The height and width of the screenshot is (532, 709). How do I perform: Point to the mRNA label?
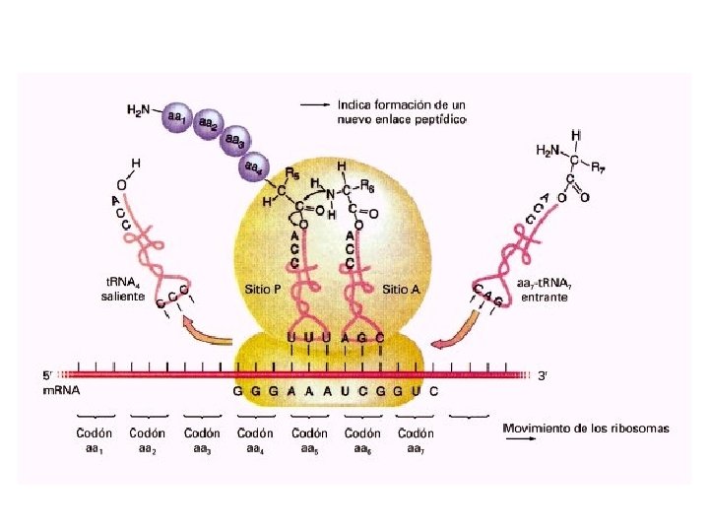pyautogui.click(x=61, y=390)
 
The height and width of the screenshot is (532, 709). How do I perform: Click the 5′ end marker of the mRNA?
pyautogui.click(x=45, y=375)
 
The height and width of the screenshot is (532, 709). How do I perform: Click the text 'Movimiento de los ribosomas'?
pyautogui.click(x=585, y=429)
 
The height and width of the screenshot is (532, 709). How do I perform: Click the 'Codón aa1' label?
pyautogui.click(x=95, y=439)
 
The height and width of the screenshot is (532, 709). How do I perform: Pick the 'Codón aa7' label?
pyautogui.click(x=416, y=439)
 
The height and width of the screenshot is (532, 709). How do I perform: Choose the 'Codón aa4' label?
pyautogui.click(x=255, y=439)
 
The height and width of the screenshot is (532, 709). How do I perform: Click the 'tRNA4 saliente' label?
pyautogui.click(x=124, y=289)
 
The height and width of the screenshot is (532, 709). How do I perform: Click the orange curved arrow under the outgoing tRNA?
pyautogui.click(x=205, y=331)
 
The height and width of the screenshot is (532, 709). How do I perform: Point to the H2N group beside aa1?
pyautogui.click(x=138, y=111)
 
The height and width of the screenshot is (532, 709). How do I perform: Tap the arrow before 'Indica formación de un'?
pyautogui.click(x=314, y=104)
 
